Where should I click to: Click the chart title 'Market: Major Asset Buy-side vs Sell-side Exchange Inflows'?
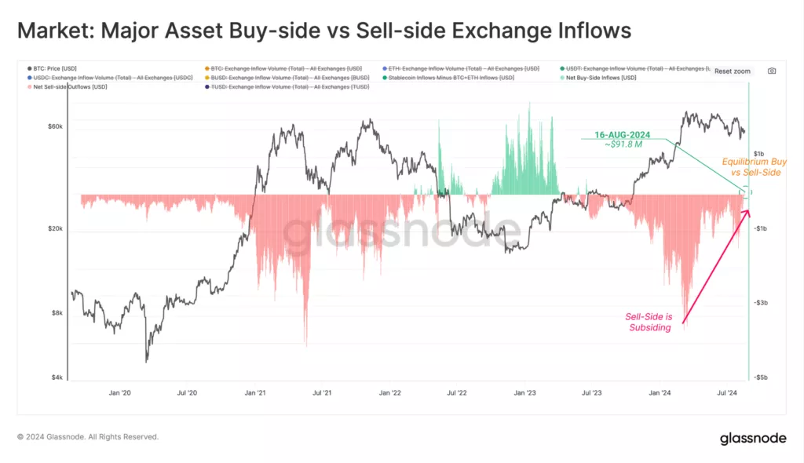(324, 31)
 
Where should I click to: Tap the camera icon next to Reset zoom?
(772, 71)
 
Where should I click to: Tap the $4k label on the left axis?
(58, 377)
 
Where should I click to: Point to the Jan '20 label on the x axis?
(119, 392)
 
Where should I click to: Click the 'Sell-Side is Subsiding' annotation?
(649, 322)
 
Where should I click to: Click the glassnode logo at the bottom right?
(753, 439)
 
